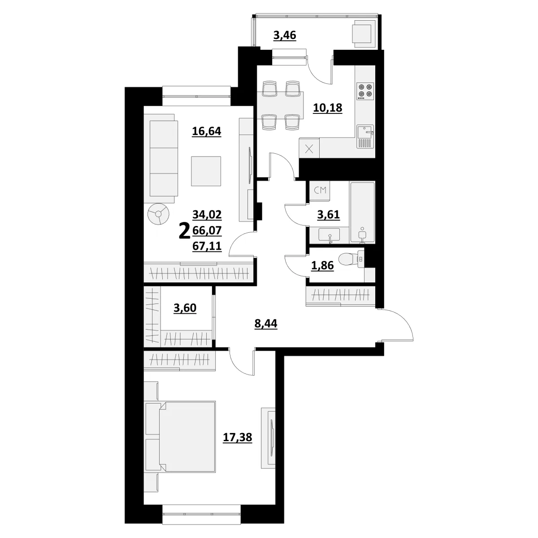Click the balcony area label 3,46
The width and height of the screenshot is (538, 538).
tap(285, 36)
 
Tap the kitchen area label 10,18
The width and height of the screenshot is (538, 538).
tap(327, 108)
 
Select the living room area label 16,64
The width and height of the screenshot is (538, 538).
tap(207, 131)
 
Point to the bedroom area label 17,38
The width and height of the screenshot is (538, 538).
tap(237, 438)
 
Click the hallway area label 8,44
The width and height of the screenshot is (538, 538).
tap(266, 324)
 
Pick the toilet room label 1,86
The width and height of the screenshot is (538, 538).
tap(322, 265)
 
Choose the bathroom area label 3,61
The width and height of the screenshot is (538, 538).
tap(328, 215)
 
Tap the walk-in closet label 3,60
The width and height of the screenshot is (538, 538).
tap(185, 308)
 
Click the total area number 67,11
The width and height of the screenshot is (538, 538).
tap(207, 246)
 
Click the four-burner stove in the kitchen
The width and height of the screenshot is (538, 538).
tap(365, 91)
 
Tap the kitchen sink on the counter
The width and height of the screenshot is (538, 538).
tap(365, 137)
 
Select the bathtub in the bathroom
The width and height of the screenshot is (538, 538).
tap(362, 213)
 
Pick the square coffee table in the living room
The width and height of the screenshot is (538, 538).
tap(206, 171)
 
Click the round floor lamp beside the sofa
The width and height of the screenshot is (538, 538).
tap(158, 214)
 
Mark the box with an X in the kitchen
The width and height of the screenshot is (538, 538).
tap(309, 149)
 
